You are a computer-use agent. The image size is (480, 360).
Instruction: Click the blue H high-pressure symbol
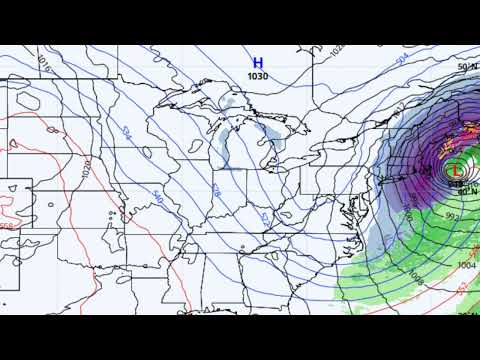[x=257, y=62]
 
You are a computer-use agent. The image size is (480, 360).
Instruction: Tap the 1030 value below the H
[x=257, y=75]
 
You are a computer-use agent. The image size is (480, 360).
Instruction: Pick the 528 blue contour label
[x=218, y=190]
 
